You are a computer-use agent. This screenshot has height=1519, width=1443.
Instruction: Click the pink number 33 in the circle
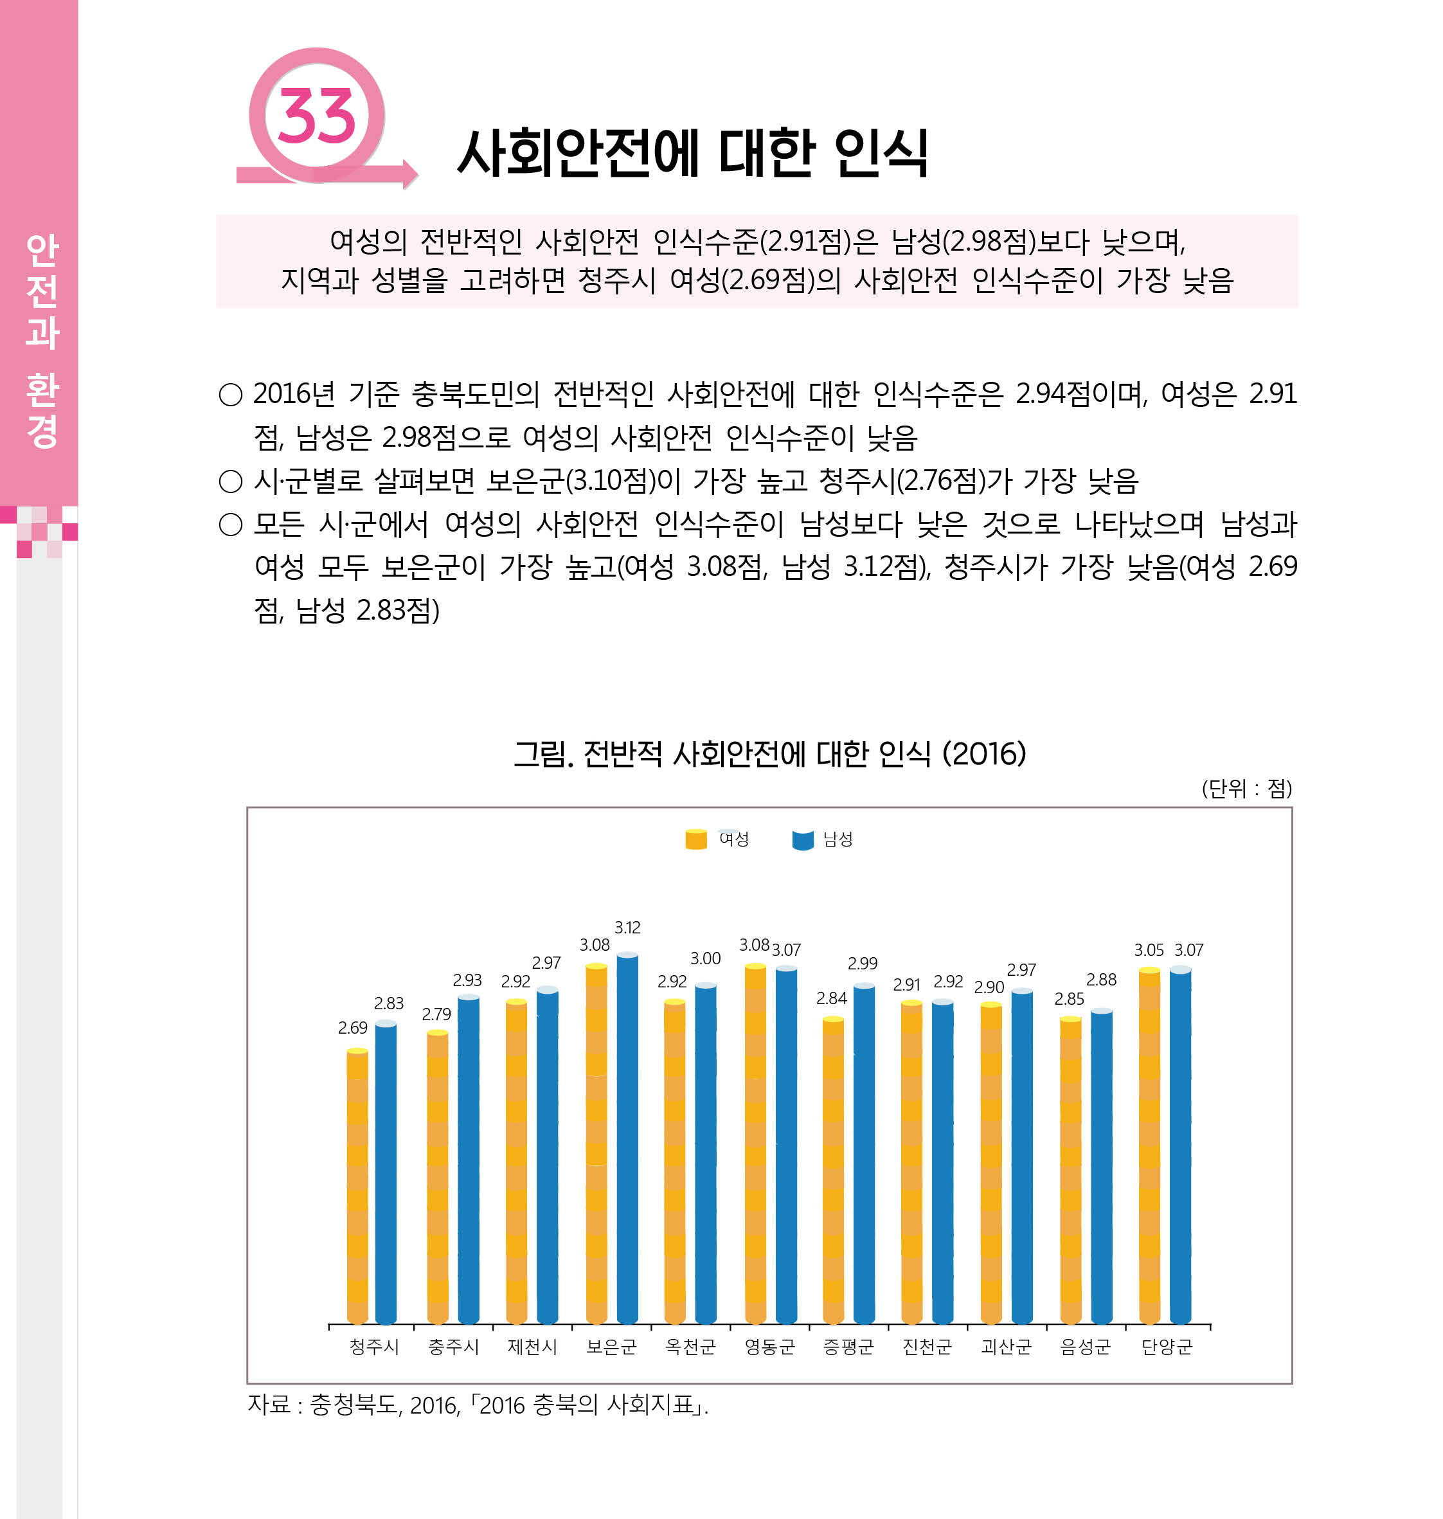[316, 117]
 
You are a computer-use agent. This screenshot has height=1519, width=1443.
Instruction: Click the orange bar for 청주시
[357, 1189]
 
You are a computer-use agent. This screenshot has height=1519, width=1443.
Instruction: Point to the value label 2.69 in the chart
[352, 1027]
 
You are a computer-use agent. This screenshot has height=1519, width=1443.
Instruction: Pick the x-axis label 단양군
[1166, 1347]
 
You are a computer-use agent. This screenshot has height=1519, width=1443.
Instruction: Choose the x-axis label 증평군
[848, 1347]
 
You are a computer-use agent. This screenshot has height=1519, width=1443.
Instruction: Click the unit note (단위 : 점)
[1246, 788]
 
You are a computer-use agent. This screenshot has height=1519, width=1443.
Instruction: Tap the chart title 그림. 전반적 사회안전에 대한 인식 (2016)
[769, 754]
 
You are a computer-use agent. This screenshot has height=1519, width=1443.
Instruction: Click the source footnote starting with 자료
[477, 1405]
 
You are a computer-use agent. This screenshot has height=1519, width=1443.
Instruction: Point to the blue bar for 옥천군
[705, 1154]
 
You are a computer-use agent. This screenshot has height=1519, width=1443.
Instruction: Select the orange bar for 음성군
[1070, 1169]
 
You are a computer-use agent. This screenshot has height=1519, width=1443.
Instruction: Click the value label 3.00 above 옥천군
[705, 958]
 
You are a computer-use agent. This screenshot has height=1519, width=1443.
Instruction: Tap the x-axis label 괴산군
[1006, 1347]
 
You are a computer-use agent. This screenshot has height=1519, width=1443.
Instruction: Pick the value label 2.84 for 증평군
[832, 998]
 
